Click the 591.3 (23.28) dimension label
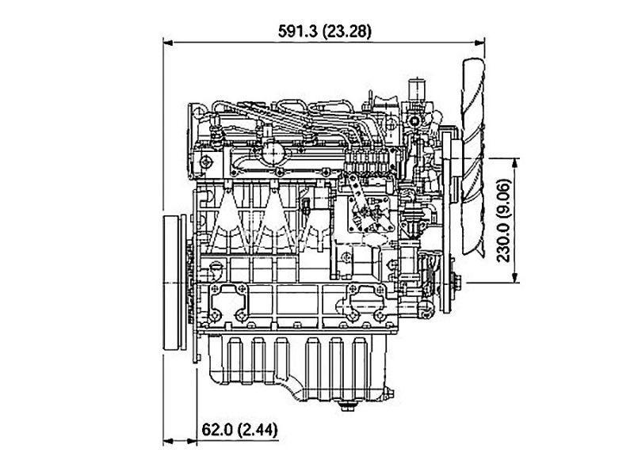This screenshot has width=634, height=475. (324, 31)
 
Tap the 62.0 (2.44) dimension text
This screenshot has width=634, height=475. (240, 429)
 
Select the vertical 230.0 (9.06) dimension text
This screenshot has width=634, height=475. (504, 221)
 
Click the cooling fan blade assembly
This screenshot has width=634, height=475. (473, 157)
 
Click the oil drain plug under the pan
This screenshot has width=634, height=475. (347, 405)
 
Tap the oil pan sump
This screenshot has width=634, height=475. (299, 367)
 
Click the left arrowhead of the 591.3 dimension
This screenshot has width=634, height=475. (168, 43)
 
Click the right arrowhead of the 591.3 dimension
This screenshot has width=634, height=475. (480, 43)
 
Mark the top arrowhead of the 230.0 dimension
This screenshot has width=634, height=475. (514, 163)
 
